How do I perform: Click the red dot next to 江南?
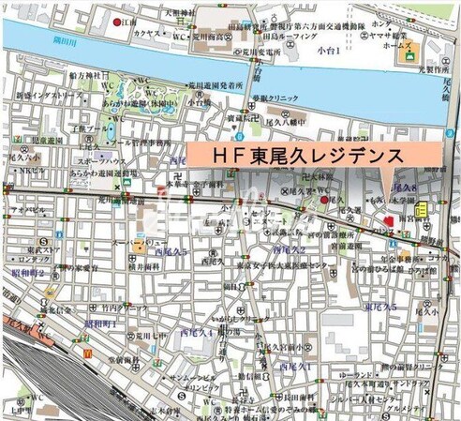117,22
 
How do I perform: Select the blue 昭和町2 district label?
28,273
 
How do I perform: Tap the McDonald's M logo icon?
87,353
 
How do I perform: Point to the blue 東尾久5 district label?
380,308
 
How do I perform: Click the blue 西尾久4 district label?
199,330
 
